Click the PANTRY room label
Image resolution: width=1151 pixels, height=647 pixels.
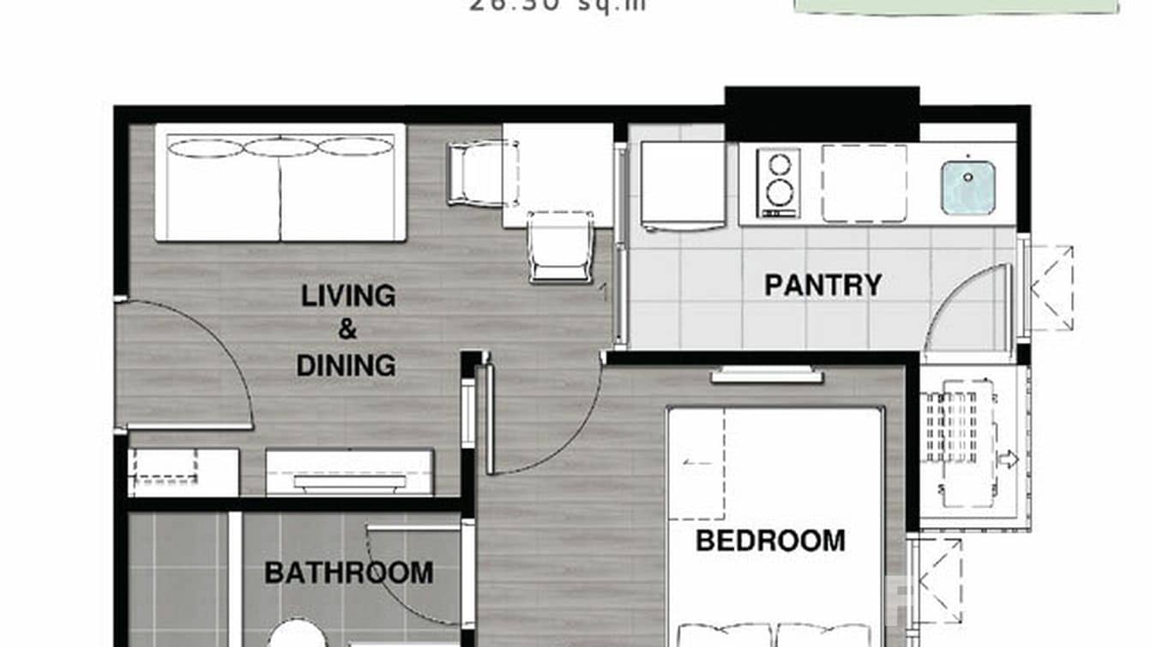[x=823, y=285]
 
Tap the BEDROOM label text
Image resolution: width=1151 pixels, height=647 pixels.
[x=769, y=541]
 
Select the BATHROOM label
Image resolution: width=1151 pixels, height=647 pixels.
[x=348, y=572]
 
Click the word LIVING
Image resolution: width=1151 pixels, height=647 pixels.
[x=348, y=296]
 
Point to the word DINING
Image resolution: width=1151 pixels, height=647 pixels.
[x=346, y=366]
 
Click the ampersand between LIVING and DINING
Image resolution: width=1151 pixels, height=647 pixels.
[x=347, y=330]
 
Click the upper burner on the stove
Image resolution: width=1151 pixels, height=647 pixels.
[x=779, y=165]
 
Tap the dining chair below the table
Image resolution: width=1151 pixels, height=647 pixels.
[x=560, y=248]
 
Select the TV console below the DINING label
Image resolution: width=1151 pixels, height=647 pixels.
[x=349, y=473]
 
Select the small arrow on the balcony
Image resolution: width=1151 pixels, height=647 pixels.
[x=1009, y=459]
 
